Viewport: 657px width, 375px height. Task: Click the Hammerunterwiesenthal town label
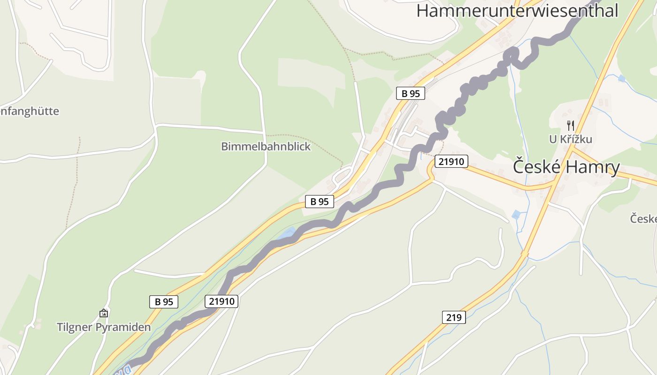517,10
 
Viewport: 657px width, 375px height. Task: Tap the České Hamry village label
566,167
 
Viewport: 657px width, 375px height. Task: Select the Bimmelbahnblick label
266,147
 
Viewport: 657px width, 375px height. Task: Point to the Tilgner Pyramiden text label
104,327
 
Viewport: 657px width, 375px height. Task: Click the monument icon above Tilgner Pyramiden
104,313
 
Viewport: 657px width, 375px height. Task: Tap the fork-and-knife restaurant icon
571,125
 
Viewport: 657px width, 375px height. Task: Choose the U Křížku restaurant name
571,139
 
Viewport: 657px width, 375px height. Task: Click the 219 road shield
454,317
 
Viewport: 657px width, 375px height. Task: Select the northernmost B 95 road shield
410,93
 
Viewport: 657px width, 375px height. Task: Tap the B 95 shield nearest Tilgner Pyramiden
164,301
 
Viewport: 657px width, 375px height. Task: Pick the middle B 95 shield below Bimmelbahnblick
319,202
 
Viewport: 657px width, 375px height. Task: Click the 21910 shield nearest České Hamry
451,162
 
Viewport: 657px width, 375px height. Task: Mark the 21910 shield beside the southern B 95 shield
222,301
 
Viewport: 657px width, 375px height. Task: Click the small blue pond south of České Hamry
516,215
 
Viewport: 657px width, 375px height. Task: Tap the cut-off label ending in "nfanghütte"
29,111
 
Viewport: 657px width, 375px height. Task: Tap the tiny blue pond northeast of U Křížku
622,78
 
